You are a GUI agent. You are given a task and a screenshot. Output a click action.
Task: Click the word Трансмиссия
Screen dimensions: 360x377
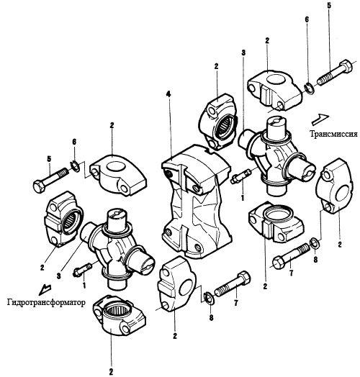pyautogui.click(x=333, y=134)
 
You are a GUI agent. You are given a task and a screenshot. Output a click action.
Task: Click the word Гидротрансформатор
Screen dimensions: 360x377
pyautogui.click(x=46, y=302)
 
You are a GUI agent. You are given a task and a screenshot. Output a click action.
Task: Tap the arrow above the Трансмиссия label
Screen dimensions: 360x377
pyautogui.click(x=320, y=119)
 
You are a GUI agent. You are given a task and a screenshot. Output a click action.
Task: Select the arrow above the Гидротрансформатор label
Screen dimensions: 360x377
pyautogui.click(x=45, y=289)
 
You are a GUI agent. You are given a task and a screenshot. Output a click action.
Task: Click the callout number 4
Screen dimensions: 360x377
pyautogui.click(x=168, y=94)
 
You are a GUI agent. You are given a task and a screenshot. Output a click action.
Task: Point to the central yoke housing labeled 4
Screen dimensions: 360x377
pyautogui.click(x=196, y=201)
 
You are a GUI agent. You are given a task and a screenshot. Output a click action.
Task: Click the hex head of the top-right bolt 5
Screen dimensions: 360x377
pyautogui.click(x=346, y=65)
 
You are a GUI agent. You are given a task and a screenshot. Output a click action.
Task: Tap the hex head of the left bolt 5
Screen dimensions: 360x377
pyautogui.click(x=39, y=186)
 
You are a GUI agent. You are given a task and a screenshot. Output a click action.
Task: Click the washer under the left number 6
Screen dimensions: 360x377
pyautogui.click(x=75, y=166)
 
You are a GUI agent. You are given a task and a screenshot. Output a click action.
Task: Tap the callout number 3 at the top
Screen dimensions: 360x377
pyautogui.click(x=243, y=53)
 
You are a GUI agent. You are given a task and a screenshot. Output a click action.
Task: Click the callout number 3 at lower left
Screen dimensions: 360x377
pyautogui.click(x=59, y=276)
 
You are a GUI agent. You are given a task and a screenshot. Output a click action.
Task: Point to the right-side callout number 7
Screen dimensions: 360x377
pyautogui.click(x=291, y=273)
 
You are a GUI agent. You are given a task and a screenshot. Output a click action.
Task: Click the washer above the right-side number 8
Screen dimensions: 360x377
pyautogui.click(x=315, y=243)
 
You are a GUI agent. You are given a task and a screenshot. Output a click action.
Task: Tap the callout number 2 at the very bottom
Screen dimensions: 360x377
pyautogui.click(x=111, y=372)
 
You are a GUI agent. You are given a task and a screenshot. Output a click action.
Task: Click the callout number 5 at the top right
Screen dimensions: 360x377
pyautogui.click(x=329, y=6)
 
